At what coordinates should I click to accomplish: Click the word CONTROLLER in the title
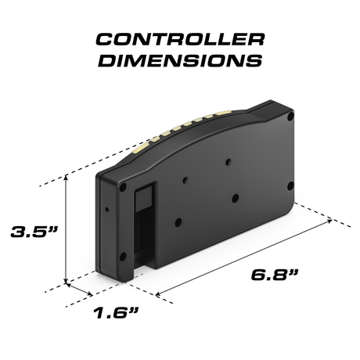(x=179, y=40)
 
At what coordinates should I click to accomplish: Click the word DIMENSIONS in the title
(x=179, y=61)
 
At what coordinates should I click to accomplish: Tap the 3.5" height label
(x=31, y=232)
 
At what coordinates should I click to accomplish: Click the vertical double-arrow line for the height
(x=67, y=227)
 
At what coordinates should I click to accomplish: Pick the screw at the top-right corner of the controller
(x=290, y=117)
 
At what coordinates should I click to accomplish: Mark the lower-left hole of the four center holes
(x=179, y=221)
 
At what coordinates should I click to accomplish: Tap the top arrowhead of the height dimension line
(x=67, y=177)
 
